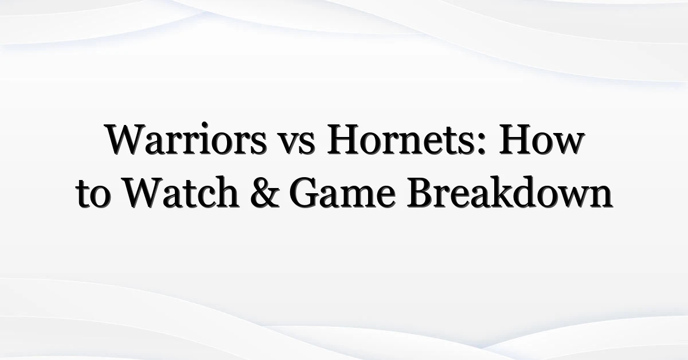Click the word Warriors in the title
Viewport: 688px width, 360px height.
pos(186,139)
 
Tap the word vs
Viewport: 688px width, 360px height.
pos(297,143)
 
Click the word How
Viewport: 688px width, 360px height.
pos(541,139)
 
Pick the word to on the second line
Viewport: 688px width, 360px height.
pos(93,195)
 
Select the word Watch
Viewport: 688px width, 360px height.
pos(181,192)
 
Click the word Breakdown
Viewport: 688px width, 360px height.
pos(510,192)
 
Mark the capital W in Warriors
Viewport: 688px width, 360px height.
pos(126,139)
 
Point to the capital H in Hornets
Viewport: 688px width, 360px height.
pos(343,139)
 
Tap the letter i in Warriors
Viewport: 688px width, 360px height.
pos(209,139)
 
